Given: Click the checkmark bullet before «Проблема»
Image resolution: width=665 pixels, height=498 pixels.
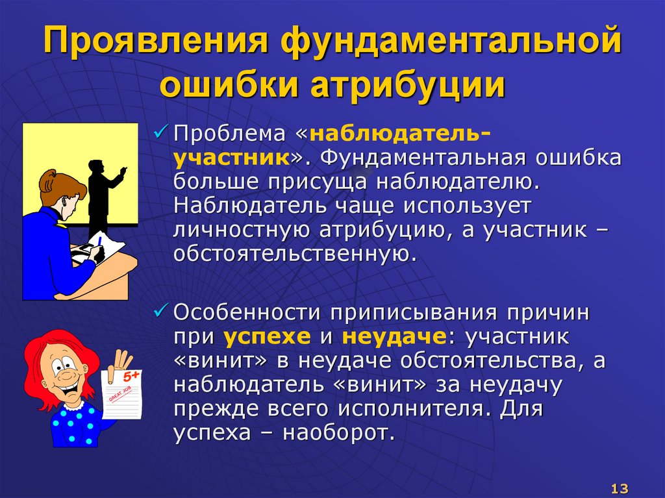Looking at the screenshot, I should pos(160,135).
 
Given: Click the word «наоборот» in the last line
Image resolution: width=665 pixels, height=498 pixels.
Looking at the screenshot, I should pos(338,432).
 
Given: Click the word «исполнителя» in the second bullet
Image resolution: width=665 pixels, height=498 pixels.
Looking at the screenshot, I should pos(411,408).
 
